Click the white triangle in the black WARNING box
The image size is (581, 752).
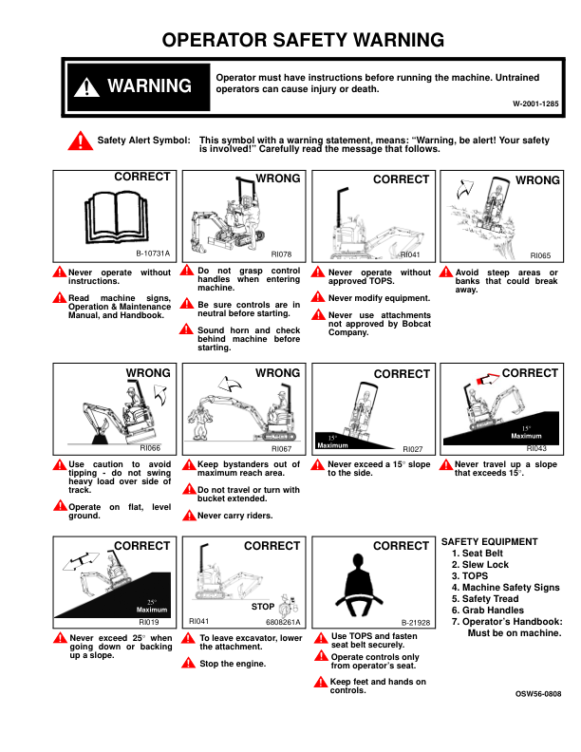click(86, 87)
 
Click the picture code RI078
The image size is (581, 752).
click(281, 254)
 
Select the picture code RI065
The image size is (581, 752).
click(540, 254)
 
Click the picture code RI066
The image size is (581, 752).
click(150, 446)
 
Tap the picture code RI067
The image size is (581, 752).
click(281, 447)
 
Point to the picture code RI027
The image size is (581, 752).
click(412, 447)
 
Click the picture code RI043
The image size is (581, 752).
click(536, 446)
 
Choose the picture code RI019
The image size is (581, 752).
click(149, 621)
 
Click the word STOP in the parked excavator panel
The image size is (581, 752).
click(264, 605)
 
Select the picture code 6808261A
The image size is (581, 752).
click(283, 622)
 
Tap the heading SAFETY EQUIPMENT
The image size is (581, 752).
click(490, 542)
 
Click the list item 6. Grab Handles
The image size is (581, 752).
click(486, 611)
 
